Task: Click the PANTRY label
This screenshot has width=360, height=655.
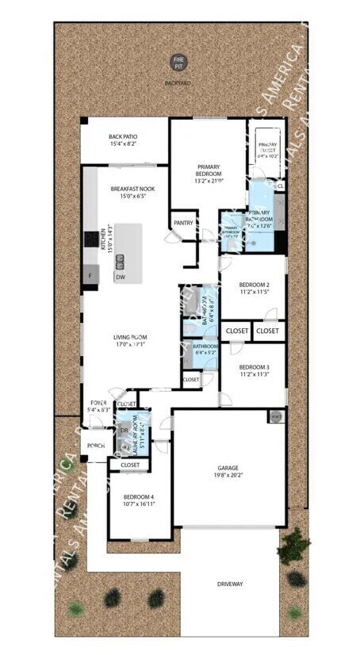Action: click(x=183, y=223)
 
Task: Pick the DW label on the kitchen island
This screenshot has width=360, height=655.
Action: click(x=121, y=278)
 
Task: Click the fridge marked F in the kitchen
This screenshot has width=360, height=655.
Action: click(x=90, y=277)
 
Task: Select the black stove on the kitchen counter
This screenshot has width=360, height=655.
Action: click(x=90, y=237)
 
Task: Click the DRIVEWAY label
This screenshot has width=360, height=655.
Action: click(x=230, y=584)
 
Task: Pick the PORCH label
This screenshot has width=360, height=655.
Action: click(x=96, y=446)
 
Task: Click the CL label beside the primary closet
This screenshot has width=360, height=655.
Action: click(x=281, y=186)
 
